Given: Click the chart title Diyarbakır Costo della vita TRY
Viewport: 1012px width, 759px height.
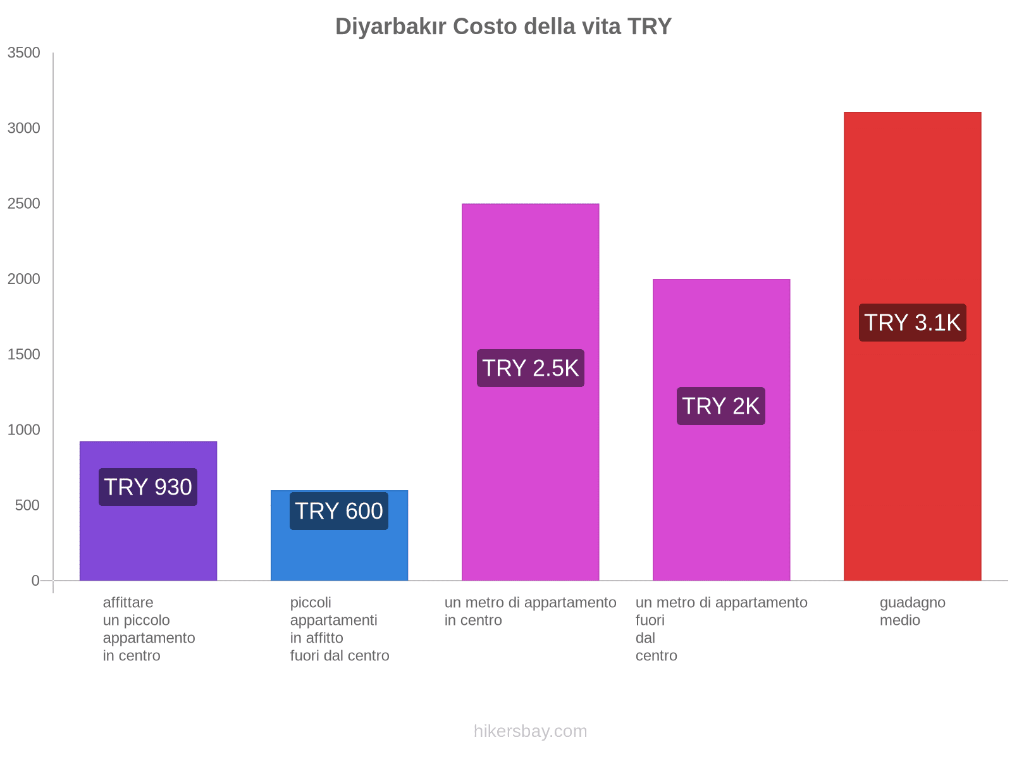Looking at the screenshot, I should (x=503, y=27).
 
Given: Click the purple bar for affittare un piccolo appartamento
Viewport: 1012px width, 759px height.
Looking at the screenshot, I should (x=148, y=538).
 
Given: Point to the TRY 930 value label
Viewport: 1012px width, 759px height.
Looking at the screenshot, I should (x=148, y=487).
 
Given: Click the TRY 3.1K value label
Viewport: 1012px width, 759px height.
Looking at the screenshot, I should (x=912, y=323).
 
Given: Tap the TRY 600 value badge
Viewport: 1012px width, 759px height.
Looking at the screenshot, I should (x=339, y=511).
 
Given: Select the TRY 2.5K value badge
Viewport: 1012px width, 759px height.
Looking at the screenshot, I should (x=530, y=368).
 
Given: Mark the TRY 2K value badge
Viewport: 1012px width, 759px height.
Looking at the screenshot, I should (x=721, y=406).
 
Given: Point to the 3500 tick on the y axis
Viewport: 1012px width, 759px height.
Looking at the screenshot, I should (x=24, y=53).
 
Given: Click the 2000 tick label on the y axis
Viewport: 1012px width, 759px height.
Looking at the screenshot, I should (x=24, y=279).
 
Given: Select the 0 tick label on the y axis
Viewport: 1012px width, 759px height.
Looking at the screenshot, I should (x=35, y=581).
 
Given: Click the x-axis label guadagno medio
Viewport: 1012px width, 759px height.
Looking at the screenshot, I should (x=912, y=612).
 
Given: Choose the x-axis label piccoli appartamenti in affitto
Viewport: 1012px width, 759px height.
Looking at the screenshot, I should (x=339, y=629).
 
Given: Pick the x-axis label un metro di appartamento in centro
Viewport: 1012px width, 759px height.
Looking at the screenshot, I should (x=530, y=612).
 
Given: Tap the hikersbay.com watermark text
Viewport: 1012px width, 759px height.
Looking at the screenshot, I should (x=530, y=731).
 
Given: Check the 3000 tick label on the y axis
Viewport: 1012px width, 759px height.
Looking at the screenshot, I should (x=24, y=128).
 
